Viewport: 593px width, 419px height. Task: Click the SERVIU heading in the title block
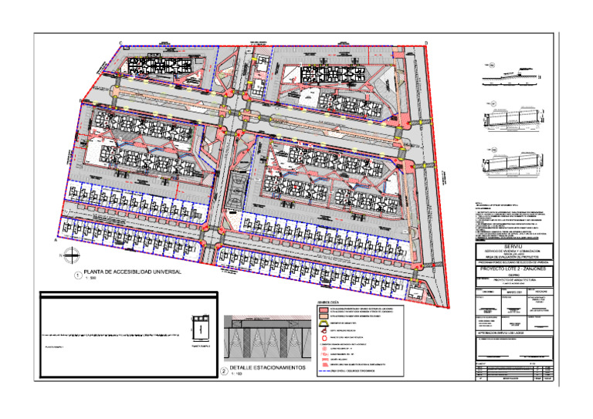[x=513, y=245]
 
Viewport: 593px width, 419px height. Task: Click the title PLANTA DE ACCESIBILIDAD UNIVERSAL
[x=136, y=272]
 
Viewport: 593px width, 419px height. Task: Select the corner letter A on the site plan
[x=56, y=240]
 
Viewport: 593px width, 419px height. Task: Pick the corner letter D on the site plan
[x=425, y=43]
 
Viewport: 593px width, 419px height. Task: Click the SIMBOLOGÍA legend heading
[x=329, y=302]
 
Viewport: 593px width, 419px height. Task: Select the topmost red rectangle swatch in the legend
[x=324, y=308]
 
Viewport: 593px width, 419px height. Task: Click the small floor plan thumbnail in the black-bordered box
[x=199, y=329]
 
